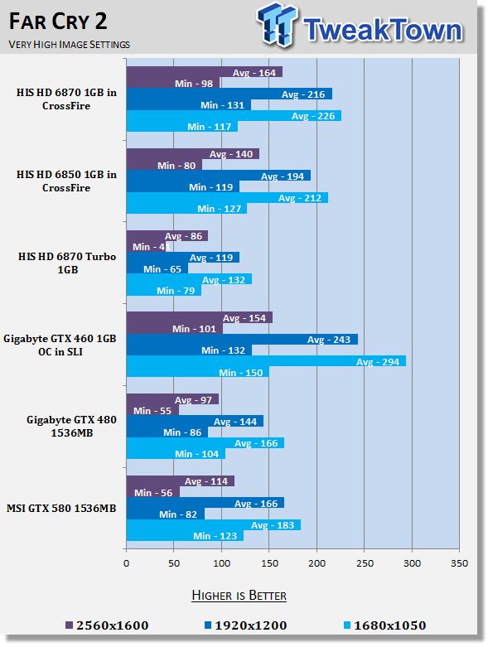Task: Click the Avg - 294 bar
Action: pyautogui.click(x=266, y=361)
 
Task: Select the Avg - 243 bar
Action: pyautogui.click(x=242, y=339)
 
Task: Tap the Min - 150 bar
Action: pyautogui.click(x=197, y=372)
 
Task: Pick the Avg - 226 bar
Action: pyautogui.click(x=234, y=115)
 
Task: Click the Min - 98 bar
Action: pyautogui.click(x=173, y=83)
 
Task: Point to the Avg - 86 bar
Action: pyautogui.click(x=167, y=235)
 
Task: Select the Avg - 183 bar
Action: pyautogui.click(x=214, y=525)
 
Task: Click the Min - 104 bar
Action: pyautogui.click(x=176, y=453)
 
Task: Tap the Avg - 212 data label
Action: pyautogui.click(x=300, y=198)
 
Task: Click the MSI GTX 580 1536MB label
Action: pyautogui.click(x=61, y=509)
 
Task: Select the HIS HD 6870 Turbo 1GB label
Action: pyautogui.click(x=67, y=263)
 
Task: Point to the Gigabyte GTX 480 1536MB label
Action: pyautogui.click(x=72, y=427)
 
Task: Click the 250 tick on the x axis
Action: pyautogui.click(x=365, y=563)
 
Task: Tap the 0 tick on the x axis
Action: pyautogui.click(x=126, y=563)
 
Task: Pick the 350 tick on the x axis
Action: pyautogui.click(x=460, y=563)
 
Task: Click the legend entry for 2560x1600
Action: pyautogui.click(x=107, y=625)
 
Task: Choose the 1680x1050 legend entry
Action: pyautogui.click(x=385, y=625)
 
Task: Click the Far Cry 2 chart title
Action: pyautogui.click(x=58, y=22)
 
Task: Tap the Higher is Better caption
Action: pyautogui.click(x=239, y=596)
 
